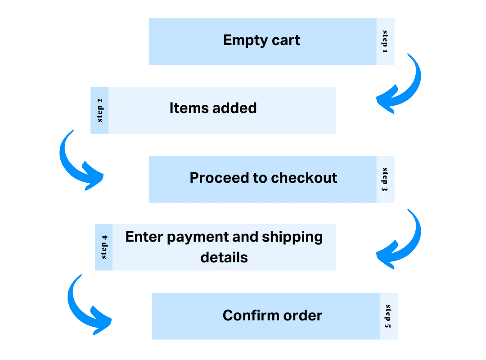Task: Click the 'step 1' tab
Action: pos(386,43)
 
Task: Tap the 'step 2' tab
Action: pos(99,111)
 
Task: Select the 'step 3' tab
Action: pos(386,180)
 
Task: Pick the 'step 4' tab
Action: pos(103,248)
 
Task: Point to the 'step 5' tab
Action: pos(389,316)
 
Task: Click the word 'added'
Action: pos(234,108)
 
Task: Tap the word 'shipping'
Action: pos(292,237)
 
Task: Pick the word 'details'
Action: pos(224,257)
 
